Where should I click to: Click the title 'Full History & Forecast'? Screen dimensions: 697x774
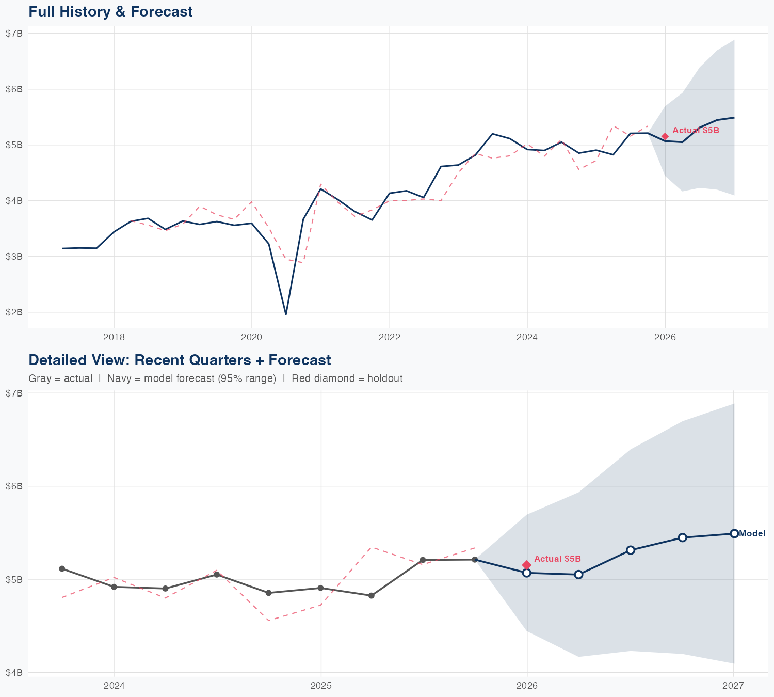point(110,11)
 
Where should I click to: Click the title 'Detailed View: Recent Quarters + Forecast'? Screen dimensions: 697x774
point(180,360)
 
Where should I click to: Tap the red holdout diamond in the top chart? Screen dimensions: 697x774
point(665,136)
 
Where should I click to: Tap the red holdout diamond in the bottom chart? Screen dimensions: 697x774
point(527,565)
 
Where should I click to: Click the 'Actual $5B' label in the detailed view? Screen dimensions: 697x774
point(557,559)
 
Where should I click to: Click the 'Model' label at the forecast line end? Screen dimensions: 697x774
point(752,534)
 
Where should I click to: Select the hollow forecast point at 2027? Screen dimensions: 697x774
point(734,533)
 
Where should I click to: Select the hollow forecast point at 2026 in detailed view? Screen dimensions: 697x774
point(527,573)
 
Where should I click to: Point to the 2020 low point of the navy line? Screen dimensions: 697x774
point(286,314)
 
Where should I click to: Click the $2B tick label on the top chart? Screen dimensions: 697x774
point(14,312)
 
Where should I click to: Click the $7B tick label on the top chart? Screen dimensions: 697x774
point(14,34)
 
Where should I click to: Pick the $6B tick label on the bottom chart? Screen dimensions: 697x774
point(14,486)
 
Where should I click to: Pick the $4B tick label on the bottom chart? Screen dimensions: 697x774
point(14,673)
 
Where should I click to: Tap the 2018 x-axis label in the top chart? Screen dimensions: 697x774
point(114,338)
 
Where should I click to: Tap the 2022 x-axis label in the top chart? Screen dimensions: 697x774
point(390,338)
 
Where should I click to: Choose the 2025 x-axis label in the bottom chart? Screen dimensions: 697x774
point(321,686)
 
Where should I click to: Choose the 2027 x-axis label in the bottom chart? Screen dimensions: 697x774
point(733,686)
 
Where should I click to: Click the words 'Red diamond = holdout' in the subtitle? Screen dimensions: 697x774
point(347,378)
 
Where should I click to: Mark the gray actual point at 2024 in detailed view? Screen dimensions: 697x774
point(114,587)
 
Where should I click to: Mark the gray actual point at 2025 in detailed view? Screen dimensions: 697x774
point(321,588)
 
